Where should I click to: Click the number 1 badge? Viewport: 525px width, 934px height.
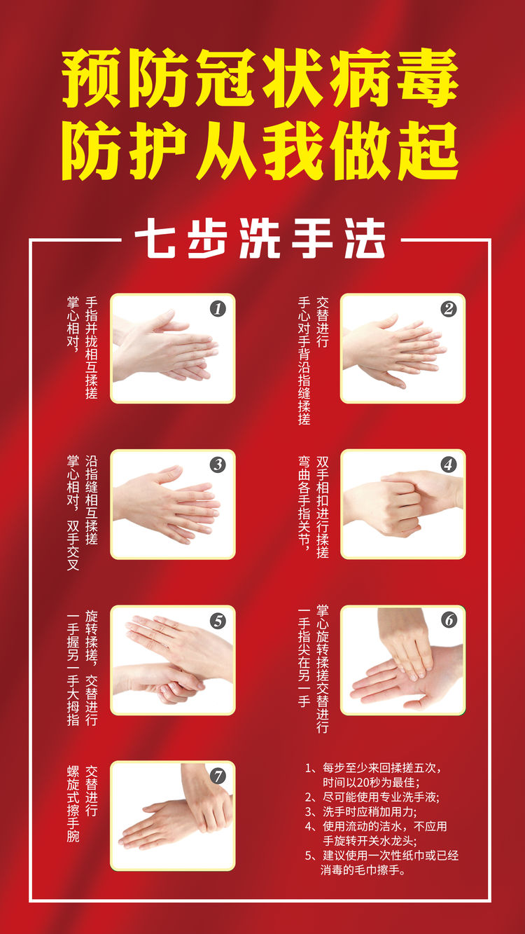(218, 309)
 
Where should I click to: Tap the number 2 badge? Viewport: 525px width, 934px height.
(448, 309)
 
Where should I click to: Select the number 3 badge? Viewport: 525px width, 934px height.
(218, 465)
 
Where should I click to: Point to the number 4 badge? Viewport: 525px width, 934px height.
(448, 465)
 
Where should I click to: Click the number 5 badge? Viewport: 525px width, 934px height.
(218, 621)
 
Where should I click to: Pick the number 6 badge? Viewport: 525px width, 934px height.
(448, 620)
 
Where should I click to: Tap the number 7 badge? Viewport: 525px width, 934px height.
(218, 776)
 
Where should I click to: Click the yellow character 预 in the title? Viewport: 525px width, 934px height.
(91, 78)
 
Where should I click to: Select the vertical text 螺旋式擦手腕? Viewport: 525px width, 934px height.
(73, 803)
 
